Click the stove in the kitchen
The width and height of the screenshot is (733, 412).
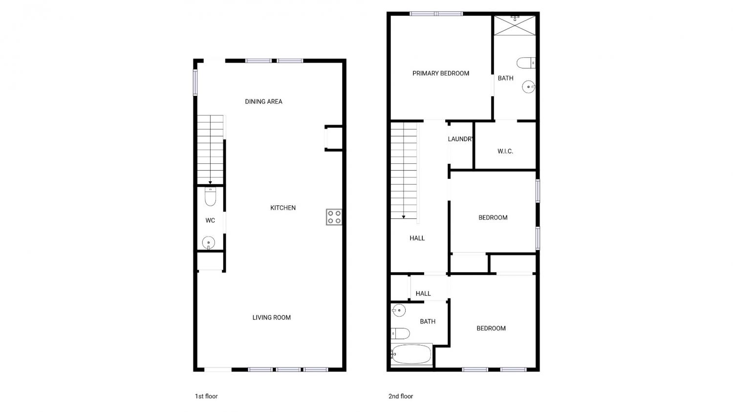[x=334, y=217]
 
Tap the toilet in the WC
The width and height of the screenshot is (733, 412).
[x=211, y=196]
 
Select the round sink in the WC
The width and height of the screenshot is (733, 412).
[x=209, y=243]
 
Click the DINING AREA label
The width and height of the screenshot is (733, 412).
[x=263, y=102]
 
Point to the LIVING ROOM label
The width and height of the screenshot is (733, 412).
[x=271, y=317]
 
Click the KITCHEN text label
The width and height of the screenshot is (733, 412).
[x=283, y=208]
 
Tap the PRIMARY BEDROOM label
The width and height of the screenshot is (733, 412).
[x=440, y=73]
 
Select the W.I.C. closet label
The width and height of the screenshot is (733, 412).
[x=505, y=151]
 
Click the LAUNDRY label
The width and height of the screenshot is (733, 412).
[x=460, y=139]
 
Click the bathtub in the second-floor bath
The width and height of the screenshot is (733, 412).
[x=411, y=354]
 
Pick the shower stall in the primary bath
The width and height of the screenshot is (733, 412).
[x=515, y=25]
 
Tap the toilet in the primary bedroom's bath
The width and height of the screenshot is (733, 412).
[x=526, y=63]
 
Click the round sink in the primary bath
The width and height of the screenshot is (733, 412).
[x=528, y=87]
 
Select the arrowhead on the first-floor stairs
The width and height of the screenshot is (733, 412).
[x=210, y=183]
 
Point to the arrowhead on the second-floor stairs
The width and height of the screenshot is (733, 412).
[x=404, y=217]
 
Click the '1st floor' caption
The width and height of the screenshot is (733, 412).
[x=206, y=396]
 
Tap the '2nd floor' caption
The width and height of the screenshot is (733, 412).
[x=401, y=396]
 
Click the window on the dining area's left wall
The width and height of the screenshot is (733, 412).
[x=195, y=82]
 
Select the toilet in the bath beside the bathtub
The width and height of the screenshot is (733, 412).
[x=400, y=333]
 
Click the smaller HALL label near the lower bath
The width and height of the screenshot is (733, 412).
[x=423, y=294]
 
